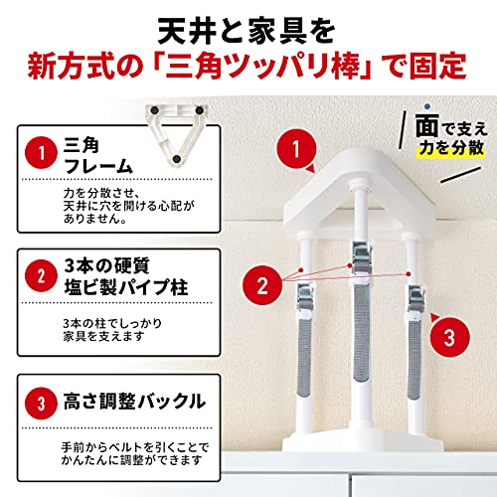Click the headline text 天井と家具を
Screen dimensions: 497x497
coord(248,22)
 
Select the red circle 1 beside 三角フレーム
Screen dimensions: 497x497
coord(41,154)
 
